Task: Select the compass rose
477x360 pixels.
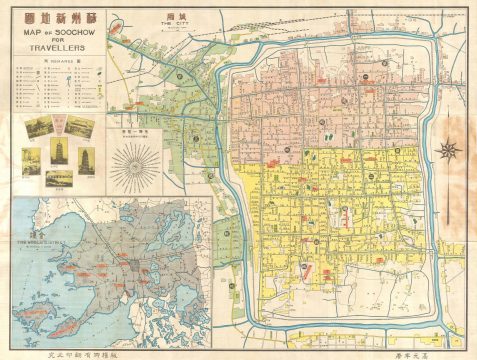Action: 450,151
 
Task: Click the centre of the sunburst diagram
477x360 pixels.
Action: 137,161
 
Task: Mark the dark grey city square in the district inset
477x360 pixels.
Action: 129,270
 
